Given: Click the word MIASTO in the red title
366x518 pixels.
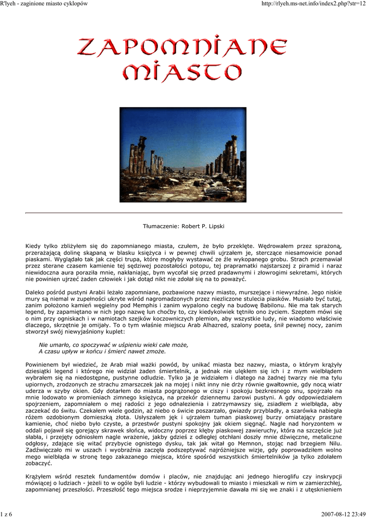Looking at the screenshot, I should click(182, 71).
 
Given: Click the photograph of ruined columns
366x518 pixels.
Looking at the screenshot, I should click(182, 154).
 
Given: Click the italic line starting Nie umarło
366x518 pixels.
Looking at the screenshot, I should click(113, 344).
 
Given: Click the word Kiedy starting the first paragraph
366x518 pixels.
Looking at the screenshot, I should click(33, 246).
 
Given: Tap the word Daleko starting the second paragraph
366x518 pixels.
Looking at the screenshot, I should click(35, 292).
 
